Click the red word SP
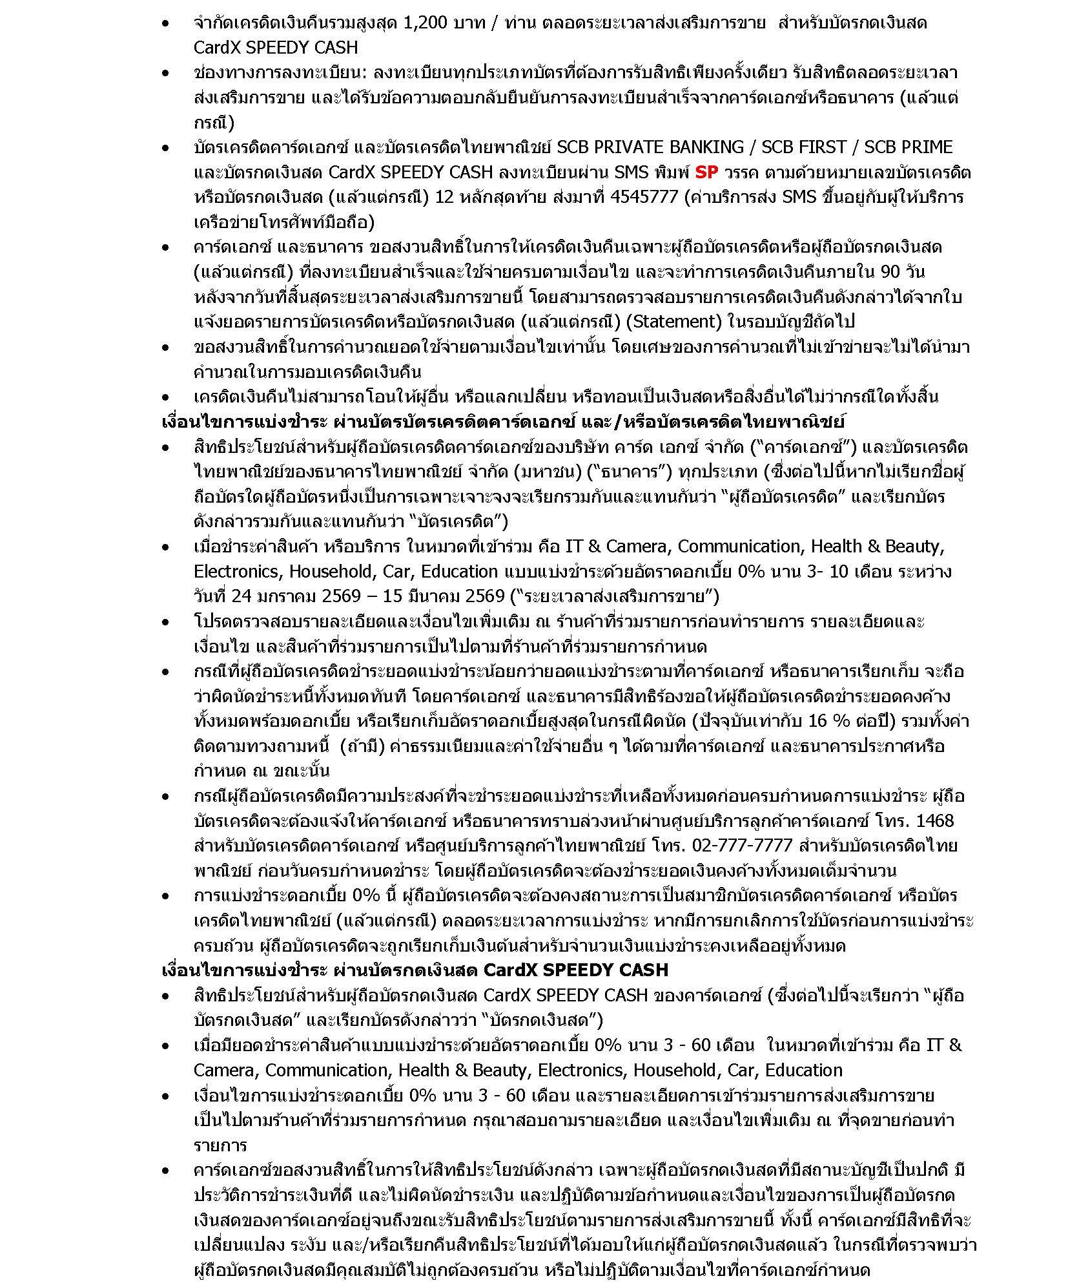tap(706, 172)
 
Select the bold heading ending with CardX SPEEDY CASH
tap(415, 970)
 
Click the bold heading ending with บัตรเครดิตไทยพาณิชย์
tap(503, 422)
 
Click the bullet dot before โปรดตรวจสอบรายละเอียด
tap(167, 623)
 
